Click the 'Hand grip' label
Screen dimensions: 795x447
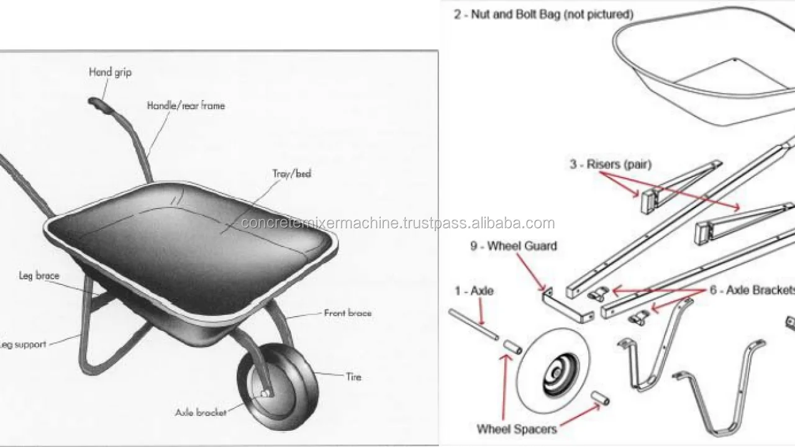pos(110,72)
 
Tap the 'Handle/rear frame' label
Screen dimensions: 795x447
pos(186,106)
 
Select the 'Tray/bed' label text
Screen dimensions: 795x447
pos(291,174)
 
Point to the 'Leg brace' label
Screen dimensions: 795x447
pos(39,276)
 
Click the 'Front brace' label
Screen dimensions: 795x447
pos(347,313)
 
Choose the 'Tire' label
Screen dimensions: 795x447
pos(353,376)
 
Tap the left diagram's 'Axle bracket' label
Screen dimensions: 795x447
pos(201,412)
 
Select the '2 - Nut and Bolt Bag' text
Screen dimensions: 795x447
pos(543,14)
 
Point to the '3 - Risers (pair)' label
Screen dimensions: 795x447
pos(611,165)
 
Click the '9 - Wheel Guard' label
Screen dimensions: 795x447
pos(513,246)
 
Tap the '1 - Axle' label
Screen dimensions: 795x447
pos(474,291)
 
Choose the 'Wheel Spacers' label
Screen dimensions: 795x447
pos(516,429)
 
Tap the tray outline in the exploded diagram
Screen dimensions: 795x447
pos(702,68)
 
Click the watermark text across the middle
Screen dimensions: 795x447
pos(397,223)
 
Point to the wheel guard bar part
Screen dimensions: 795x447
pos(568,307)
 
